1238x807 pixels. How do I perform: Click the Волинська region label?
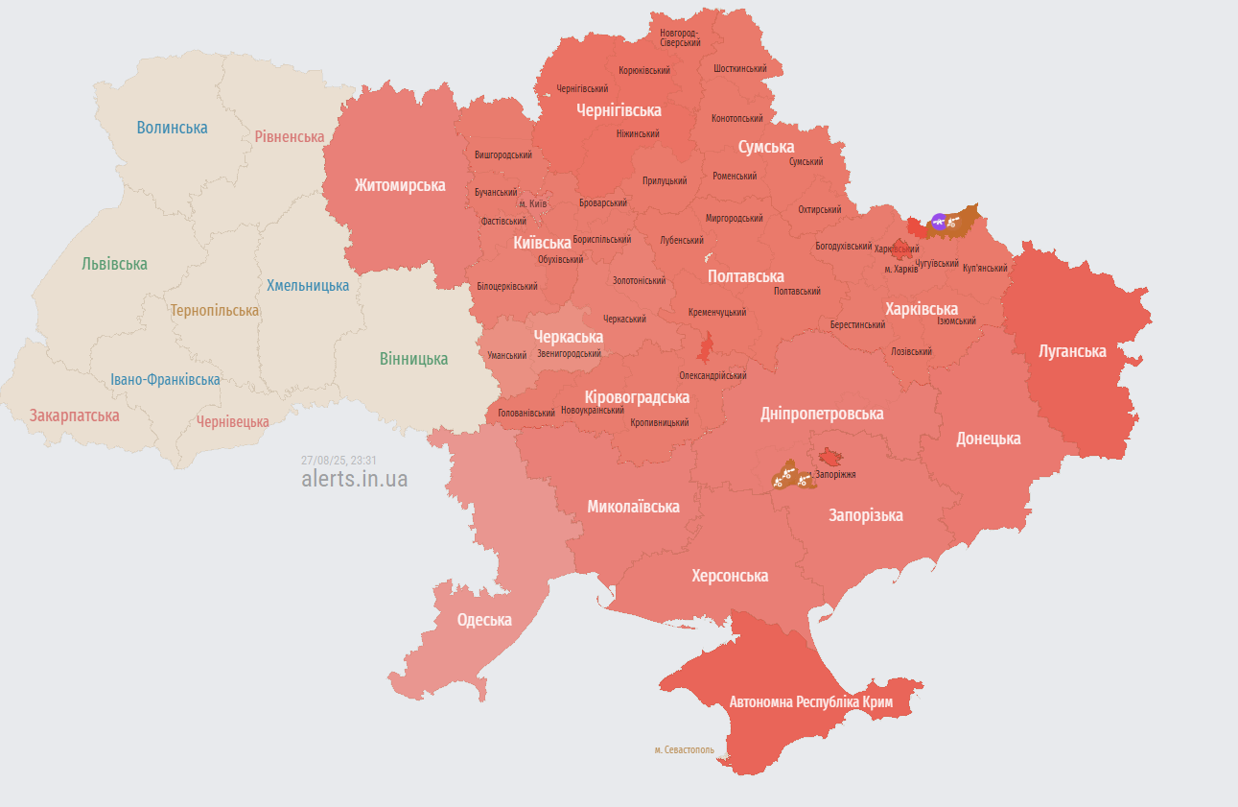coord(172,128)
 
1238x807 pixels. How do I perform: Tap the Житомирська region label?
coord(400,185)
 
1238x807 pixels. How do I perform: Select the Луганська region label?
coord(1072,351)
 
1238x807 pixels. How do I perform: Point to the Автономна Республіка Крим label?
coord(811,702)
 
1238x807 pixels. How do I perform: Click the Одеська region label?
coord(484,620)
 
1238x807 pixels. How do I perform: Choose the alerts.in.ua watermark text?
coord(354,479)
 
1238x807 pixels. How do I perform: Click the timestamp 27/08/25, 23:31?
coord(339,460)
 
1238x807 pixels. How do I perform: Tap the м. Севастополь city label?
coord(684,749)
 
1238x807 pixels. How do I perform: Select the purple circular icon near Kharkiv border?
coord(939,223)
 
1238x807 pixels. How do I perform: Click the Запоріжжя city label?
coord(836,474)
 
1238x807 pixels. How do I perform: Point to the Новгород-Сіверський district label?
coord(680,37)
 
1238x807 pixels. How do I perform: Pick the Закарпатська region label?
coord(75,415)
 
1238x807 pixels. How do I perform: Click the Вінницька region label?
coord(413,359)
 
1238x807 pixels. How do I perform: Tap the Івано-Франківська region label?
coord(164,379)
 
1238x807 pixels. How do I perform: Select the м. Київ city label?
coord(532,204)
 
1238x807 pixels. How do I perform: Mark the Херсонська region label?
coord(730,576)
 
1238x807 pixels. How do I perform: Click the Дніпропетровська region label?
coord(822,414)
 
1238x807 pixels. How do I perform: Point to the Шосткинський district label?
coord(739,69)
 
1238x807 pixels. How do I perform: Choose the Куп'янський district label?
coord(985,268)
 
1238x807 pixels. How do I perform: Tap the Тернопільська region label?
coord(215,311)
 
